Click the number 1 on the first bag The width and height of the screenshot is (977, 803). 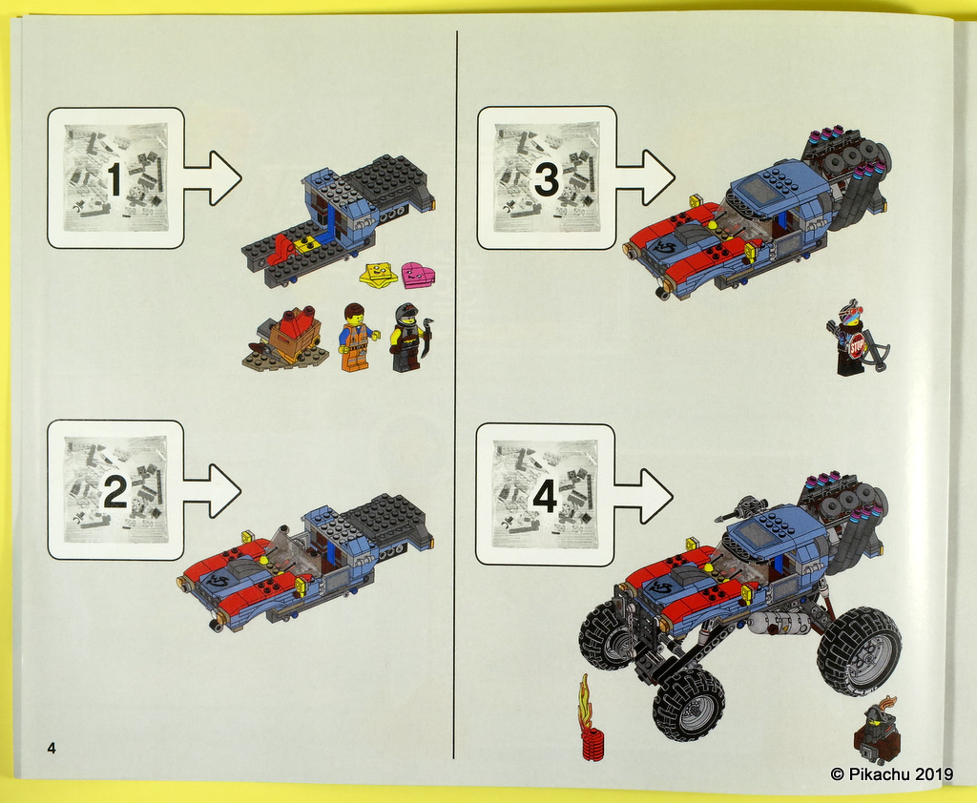click(114, 179)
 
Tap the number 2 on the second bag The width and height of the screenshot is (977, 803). click(114, 492)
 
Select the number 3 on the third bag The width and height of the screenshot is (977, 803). click(546, 179)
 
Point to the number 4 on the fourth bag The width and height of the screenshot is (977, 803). click(544, 495)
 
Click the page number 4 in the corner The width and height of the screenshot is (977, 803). click(51, 748)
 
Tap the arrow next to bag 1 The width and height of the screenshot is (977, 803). click(212, 177)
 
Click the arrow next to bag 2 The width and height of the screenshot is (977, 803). click(212, 490)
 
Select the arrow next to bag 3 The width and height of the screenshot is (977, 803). click(644, 177)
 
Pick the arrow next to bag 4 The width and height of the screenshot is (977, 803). click(643, 494)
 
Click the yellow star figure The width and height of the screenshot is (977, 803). click(378, 276)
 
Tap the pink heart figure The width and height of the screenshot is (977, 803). click(417, 276)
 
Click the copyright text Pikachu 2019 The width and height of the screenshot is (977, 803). click(891, 773)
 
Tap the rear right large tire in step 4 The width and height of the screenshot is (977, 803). click(858, 650)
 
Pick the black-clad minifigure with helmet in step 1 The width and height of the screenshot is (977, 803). click(406, 338)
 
